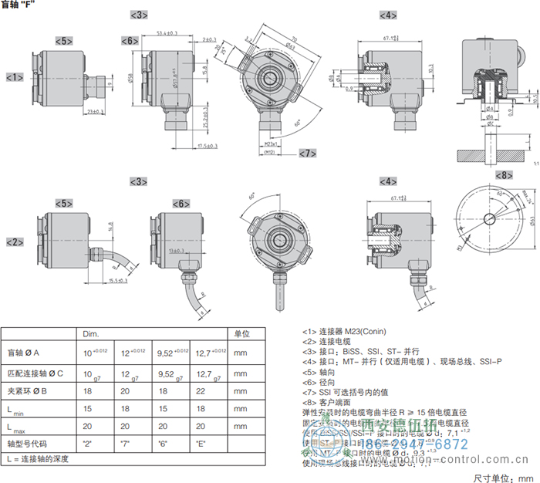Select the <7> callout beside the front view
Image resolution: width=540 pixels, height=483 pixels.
click(306, 153)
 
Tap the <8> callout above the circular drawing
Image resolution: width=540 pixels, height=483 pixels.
click(501, 175)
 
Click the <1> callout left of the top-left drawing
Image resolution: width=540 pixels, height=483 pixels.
click(14, 77)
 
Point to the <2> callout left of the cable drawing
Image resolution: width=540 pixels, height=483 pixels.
click(14, 241)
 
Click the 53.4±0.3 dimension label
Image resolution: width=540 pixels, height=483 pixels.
click(167, 33)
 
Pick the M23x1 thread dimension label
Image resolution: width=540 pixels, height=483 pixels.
click(266, 144)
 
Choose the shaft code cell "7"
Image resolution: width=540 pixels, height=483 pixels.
click(127, 444)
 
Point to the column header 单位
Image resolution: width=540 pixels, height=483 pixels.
click(241, 333)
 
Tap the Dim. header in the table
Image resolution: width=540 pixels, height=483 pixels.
click(91, 333)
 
